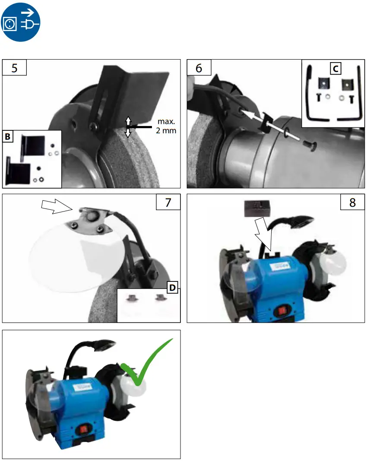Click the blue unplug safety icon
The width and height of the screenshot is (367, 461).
(x=22, y=21)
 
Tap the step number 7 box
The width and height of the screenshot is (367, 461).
(x=168, y=203)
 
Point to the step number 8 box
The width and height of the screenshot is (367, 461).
(x=352, y=203)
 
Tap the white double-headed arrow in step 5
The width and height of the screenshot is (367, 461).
(x=128, y=126)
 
